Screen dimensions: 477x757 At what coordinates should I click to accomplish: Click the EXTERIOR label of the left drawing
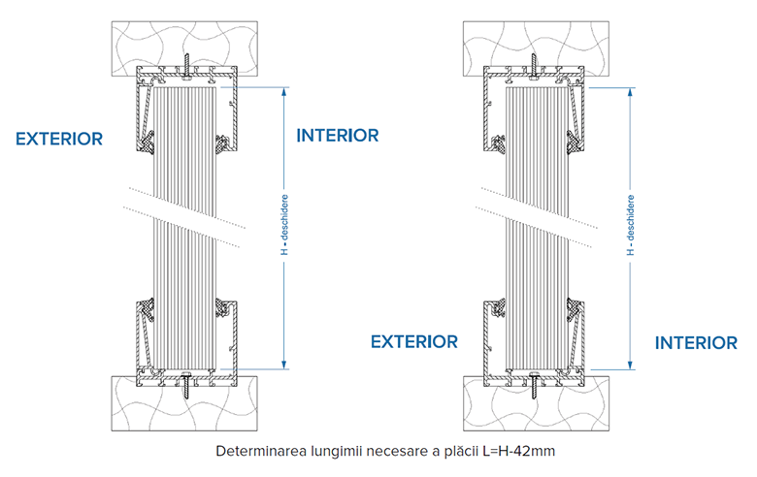59,139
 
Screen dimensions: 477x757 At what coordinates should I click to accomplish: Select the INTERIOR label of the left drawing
337,135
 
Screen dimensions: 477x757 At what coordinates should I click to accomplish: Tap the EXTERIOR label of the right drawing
413,341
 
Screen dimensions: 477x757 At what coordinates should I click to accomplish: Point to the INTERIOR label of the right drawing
696,342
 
